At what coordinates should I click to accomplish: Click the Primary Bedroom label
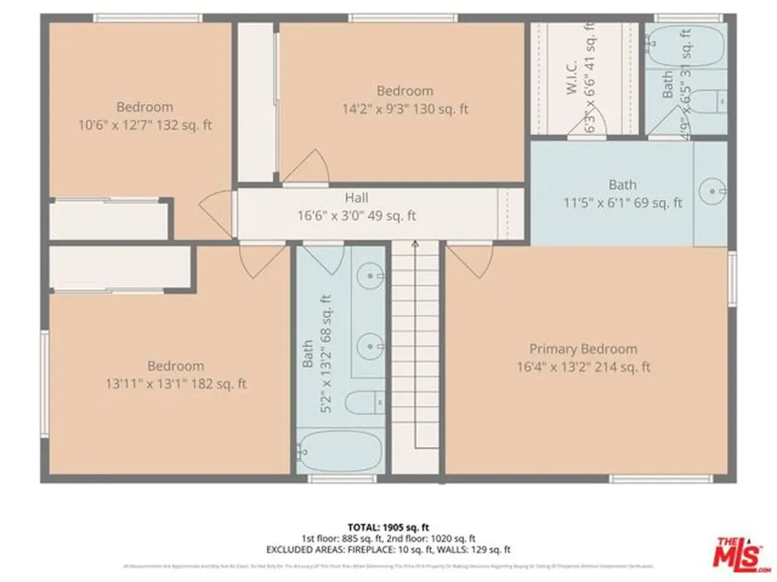[x=583, y=349]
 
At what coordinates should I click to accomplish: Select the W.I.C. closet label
[x=572, y=77]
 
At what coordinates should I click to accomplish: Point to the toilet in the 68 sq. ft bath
[x=362, y=402]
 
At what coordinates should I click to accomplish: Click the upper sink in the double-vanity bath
[x=371, y=274]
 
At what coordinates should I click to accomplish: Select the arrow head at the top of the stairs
[x=415, y=245]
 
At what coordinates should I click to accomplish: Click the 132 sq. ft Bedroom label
[x=144, y=107]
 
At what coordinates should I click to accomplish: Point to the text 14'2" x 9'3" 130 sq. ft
[x=404, y=108]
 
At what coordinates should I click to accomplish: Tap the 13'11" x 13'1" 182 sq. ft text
[x=176, y=384]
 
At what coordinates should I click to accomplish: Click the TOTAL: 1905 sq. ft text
[x=388, y=527]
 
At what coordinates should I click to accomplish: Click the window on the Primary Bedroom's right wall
[x=732, y=279]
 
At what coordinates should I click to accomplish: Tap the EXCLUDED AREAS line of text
[x=388, y=549]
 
